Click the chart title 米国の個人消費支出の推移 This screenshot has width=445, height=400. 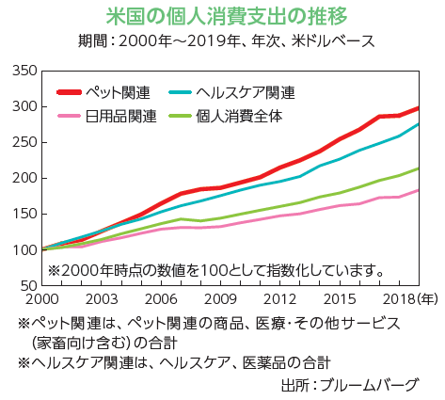(x=221, y=16)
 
